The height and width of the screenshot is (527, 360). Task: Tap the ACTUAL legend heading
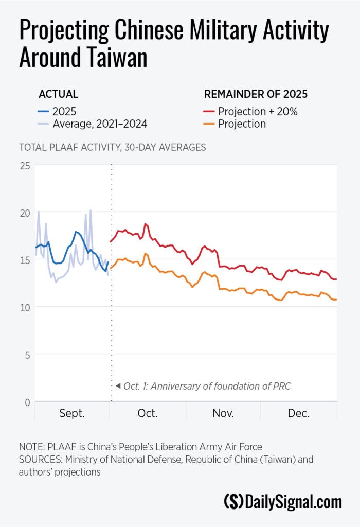58,94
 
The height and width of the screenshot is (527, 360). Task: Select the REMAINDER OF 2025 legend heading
256,94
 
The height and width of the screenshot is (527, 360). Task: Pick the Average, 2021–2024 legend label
100,124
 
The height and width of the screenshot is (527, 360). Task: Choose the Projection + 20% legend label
258,111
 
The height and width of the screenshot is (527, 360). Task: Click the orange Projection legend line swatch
209,124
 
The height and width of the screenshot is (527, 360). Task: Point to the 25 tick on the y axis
25,166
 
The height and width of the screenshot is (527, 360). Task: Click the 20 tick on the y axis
25,213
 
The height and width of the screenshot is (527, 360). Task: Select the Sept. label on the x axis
71,413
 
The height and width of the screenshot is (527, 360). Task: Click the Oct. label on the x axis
148,413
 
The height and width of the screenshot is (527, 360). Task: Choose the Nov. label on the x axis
223,413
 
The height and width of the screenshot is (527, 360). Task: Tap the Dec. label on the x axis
298,413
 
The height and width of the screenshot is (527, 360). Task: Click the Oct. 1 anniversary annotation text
207,385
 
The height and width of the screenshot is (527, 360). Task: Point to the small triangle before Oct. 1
118,385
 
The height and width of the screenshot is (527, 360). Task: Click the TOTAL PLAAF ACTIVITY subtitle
112,147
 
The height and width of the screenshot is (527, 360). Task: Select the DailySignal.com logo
283,501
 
